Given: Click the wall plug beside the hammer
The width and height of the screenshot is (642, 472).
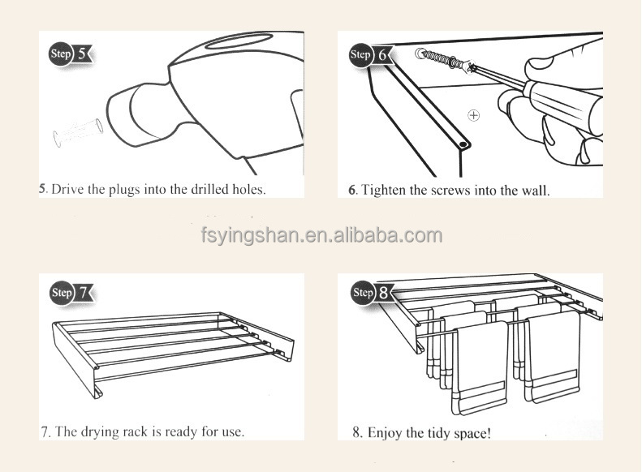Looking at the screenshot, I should [x=75, y=131].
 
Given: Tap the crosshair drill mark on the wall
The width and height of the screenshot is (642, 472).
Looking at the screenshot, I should [x=474, y=115].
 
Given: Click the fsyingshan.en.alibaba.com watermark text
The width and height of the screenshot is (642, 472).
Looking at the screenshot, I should [x=321, y=236].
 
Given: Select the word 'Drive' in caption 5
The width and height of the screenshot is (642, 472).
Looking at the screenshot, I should [x=65, y=190].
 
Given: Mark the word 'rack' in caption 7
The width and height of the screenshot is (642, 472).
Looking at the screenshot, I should [x=133, y=431].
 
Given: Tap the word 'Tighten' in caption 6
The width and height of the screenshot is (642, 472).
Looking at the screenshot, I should [x=383, y=191].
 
